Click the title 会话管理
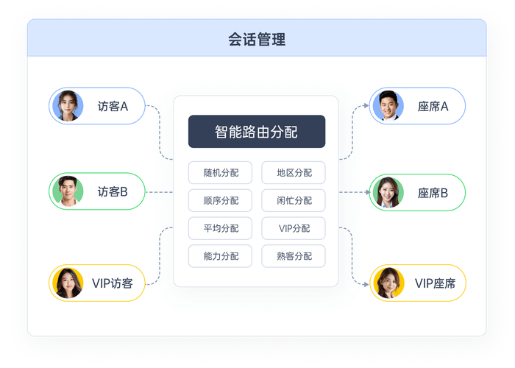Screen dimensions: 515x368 click(x=257, y=40)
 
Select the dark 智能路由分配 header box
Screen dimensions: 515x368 click(x=257, y=132)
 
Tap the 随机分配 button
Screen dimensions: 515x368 click(x=220, y=172)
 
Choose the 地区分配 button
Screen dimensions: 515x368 click(x=294, y=172)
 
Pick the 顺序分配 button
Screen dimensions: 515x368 click(x=220, y=200)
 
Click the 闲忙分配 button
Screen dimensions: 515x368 click(x=294, y=200)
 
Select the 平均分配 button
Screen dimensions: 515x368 click(x=220, y=228)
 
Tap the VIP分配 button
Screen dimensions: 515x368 click(x=294, y=228)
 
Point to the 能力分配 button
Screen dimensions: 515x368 click(x=220, y=256)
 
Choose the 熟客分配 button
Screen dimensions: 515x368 click(x=294, y=256)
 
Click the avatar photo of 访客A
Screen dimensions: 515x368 click(x=68, y=106)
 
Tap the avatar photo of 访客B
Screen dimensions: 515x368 click(x=68, y=191)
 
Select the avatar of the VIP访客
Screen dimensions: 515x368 click(x=68, y=283)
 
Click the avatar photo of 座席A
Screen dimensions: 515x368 click(x=388, y=106)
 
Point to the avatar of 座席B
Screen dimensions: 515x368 click(x=388, y=193)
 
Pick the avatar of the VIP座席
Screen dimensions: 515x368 click(x=389, y=283)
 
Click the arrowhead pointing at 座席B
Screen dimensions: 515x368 click(x=368, y=192)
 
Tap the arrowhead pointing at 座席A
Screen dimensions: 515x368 click(x=366, y=106)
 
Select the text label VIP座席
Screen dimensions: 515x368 click(x=436, y=283)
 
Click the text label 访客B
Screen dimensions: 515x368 click(x=113, y=191)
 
